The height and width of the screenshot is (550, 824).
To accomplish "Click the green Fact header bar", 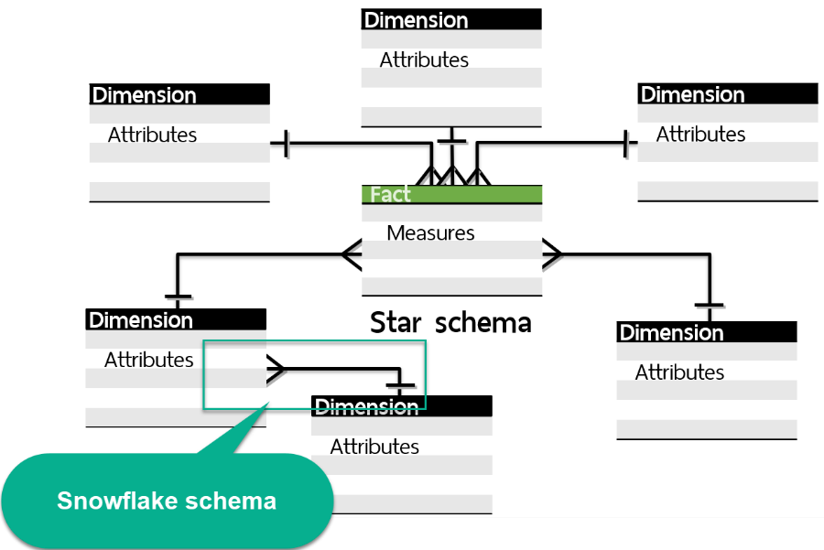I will click(451, 194).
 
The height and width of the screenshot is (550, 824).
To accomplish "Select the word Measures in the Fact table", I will click(430, 232).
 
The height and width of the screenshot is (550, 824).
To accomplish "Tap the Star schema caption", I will click(450, 322).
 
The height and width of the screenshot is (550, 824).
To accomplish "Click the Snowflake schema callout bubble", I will click(167, 501).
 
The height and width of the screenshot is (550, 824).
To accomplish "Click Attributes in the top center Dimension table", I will click(424, 59).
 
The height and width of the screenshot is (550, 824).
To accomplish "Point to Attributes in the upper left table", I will click(152, 135).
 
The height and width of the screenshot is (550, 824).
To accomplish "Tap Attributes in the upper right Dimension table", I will click(700, 134).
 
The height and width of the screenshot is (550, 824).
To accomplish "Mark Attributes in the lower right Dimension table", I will click(679, 372).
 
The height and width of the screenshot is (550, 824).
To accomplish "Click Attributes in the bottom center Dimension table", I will click(374, 447).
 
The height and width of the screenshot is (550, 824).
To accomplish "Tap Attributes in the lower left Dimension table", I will click(148, 360).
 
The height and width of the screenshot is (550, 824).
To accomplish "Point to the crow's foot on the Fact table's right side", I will click(552, 253).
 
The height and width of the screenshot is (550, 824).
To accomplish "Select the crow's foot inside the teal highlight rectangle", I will click(276, 369).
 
